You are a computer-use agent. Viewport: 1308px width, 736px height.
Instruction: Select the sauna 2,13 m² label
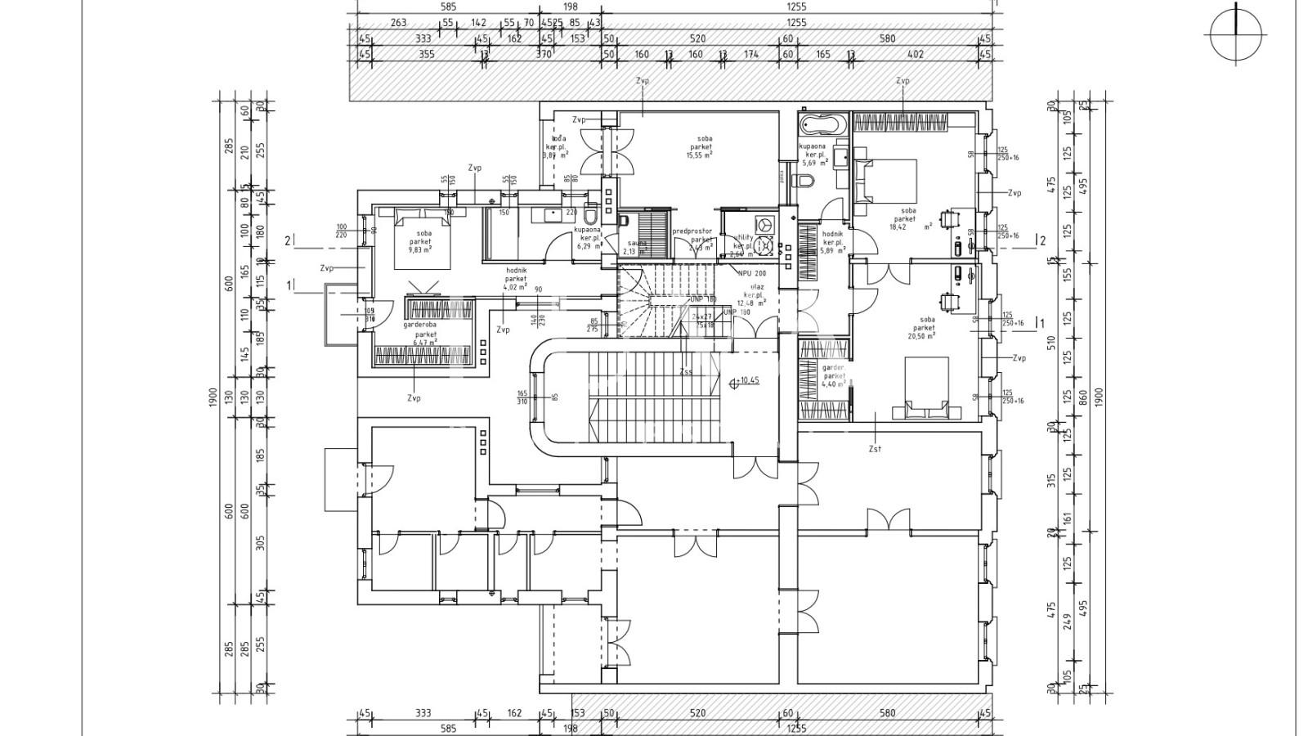pos(634,247)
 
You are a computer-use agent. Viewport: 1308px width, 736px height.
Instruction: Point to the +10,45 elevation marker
pos(745,380)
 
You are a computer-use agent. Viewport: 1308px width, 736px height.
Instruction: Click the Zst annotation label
pos(876,449)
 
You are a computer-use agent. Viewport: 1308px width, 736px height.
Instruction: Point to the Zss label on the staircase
pos(685,371)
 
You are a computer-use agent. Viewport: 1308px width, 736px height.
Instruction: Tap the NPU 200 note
pos(751,273)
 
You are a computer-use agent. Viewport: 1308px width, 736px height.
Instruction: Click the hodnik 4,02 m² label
pos(515,278)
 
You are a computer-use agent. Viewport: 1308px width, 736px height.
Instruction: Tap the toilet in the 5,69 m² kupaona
pos(809,182)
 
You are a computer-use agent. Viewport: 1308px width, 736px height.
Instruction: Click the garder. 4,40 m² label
pos(833,376)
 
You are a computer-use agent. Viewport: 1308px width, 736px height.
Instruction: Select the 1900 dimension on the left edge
pos(213,397)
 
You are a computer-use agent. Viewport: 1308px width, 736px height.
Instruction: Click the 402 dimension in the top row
pos(915,55)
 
